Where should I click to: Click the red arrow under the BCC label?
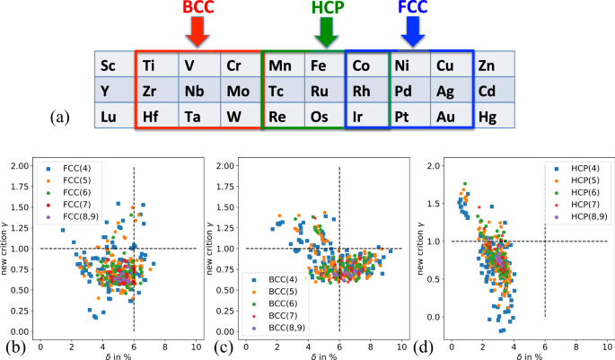click(x=199, y=31)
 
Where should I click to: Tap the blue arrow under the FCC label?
click(x=413, y=31)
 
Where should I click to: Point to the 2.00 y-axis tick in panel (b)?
click(x=23, y=166)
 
